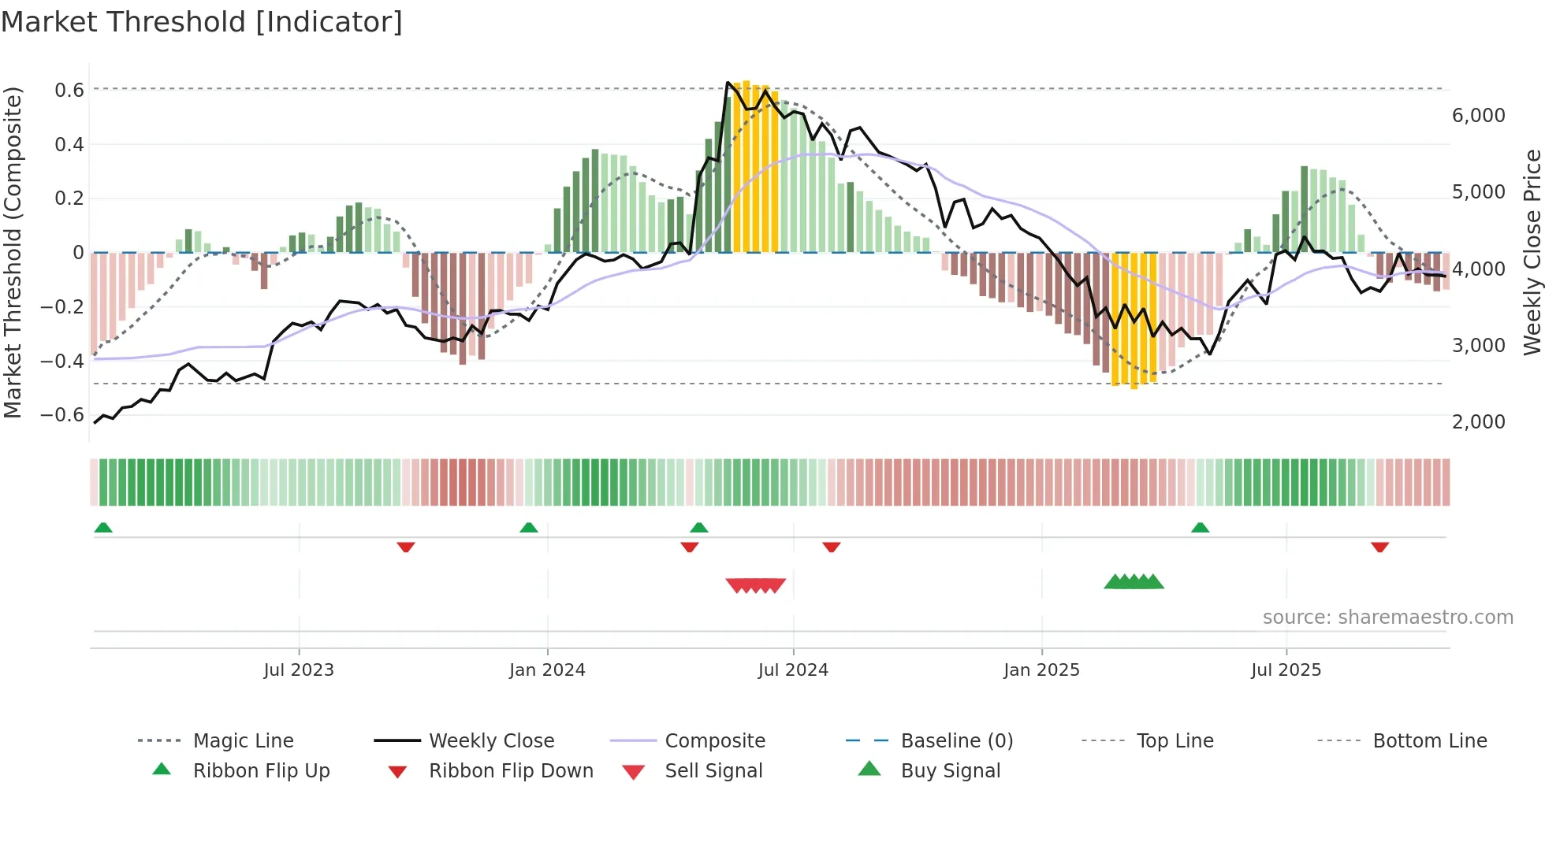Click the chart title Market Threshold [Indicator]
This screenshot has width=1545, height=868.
point(202,22)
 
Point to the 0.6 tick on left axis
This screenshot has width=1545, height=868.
point(69,91)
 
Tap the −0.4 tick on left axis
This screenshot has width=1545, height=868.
point(63,362)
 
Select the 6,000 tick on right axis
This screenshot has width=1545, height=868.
point(1478,116)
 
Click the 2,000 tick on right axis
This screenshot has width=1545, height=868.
point(1478,422)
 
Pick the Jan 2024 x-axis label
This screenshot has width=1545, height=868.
point(547,670)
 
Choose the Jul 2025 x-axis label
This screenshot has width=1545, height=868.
point(1286,670)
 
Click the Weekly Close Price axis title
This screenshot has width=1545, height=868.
point(1532,252)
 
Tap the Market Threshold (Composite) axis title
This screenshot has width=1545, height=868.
point(13,252)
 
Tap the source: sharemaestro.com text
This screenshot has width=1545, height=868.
point(1387,618)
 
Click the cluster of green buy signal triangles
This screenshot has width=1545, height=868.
point(1134,582)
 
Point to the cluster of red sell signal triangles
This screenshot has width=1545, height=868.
point(755,585)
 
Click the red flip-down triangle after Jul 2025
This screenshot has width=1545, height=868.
point(1379,547)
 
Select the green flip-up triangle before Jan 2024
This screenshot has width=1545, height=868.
point(529,528)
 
